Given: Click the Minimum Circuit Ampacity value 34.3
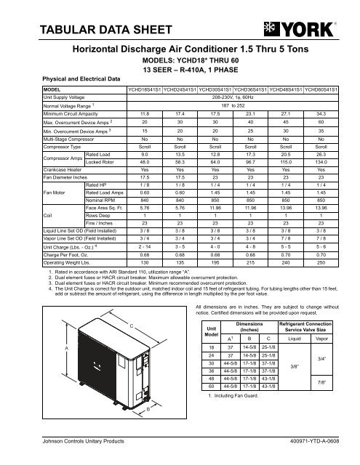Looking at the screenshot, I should [x=331, y=114].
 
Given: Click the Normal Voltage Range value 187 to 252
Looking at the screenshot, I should [x=231, y=105].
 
